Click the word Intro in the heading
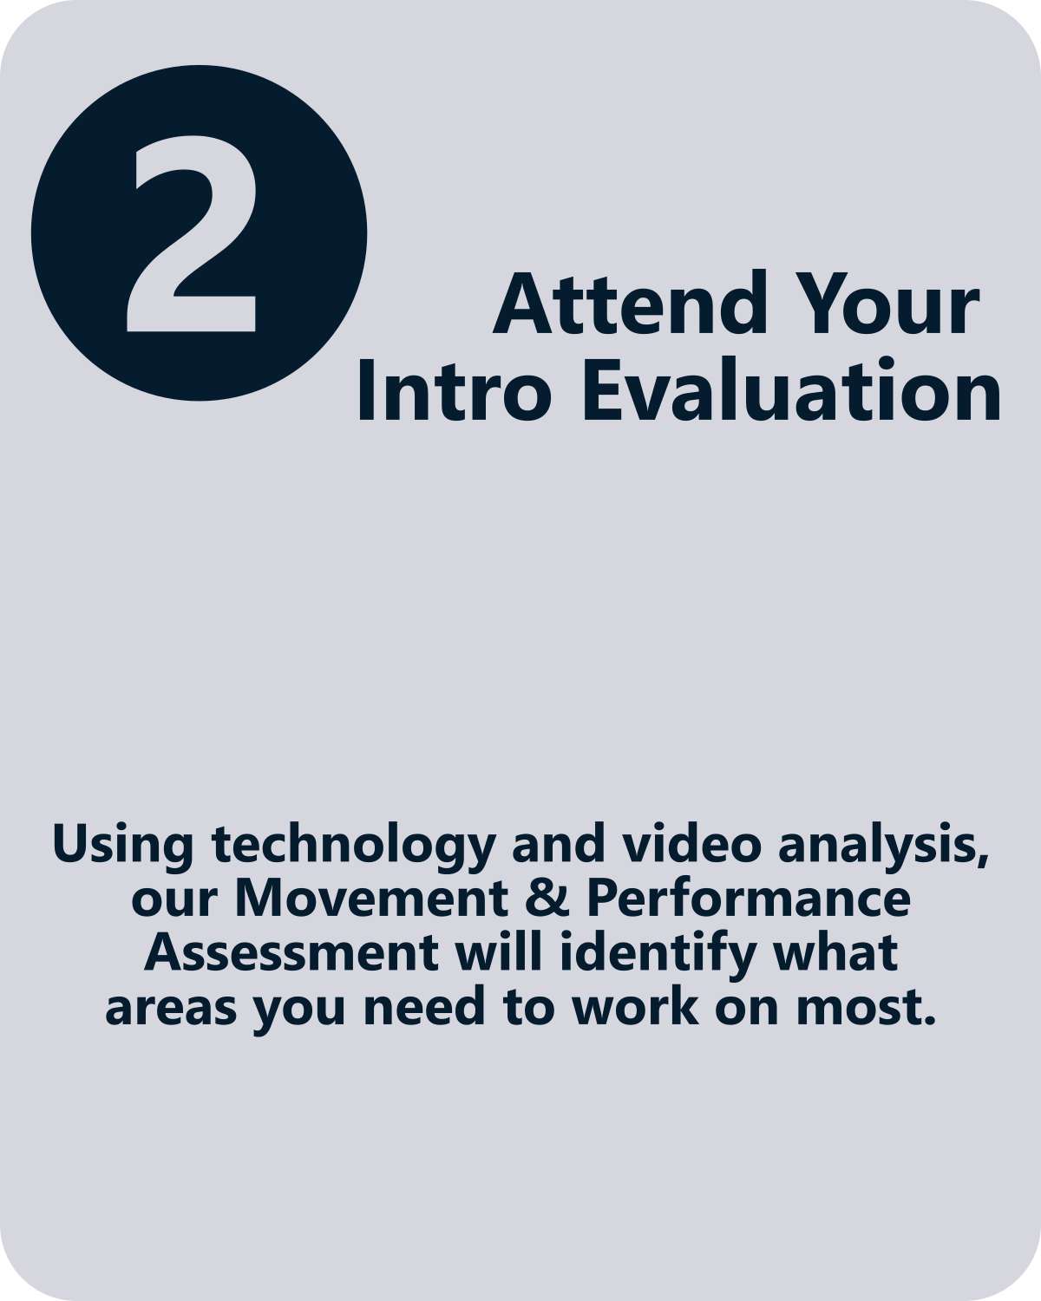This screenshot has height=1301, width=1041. [455, 390]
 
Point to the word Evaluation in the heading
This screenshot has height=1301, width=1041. [791, 390]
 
